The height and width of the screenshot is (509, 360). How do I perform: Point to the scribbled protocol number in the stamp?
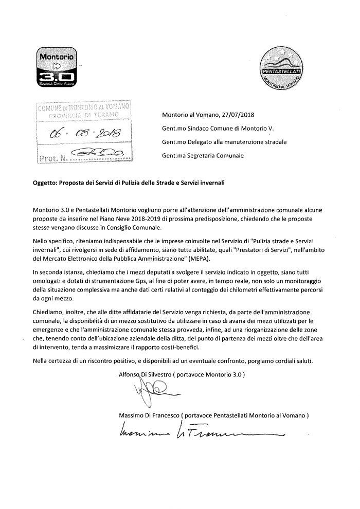pos(97,152)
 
